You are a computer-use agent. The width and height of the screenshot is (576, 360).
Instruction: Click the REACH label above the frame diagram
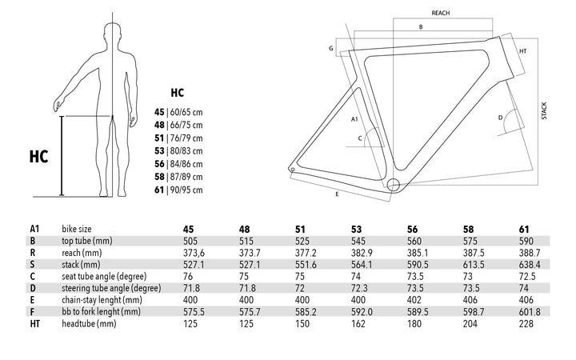pos(441,13)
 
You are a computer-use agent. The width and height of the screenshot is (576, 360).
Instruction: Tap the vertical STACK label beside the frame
pos(544,110)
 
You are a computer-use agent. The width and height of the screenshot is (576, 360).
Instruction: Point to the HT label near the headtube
pos(523,51)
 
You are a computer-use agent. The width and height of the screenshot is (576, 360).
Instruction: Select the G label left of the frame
pos(331,49)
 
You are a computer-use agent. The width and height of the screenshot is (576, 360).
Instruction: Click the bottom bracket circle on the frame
pos(393,185)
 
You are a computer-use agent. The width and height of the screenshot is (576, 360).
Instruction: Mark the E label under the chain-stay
pos(337,194)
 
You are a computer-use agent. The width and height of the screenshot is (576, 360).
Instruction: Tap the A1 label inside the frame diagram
pos(354,119)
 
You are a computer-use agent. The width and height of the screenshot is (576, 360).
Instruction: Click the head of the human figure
pos(113,33)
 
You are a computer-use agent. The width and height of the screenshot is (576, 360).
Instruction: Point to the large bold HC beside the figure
pos(39,157)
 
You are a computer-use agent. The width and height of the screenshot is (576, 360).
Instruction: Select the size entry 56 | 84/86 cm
pos(178,164)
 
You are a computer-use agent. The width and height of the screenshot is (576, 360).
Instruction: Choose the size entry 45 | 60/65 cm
pos(178,112)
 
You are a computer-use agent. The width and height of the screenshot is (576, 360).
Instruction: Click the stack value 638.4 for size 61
pos(530,265)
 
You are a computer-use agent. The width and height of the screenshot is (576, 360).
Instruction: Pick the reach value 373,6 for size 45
pos(194,253)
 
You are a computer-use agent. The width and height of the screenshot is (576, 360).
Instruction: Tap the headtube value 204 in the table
pos(470,324)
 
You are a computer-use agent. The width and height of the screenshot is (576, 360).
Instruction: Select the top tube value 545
pos(358,241)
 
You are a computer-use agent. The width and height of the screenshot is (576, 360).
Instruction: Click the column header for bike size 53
pos(356,230)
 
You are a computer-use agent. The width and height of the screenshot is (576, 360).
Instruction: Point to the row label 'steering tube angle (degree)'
pos(111,288)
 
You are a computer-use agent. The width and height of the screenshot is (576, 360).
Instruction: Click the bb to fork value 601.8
pos(530,312)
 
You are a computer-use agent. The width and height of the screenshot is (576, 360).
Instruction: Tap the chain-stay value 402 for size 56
pos(414,300)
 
